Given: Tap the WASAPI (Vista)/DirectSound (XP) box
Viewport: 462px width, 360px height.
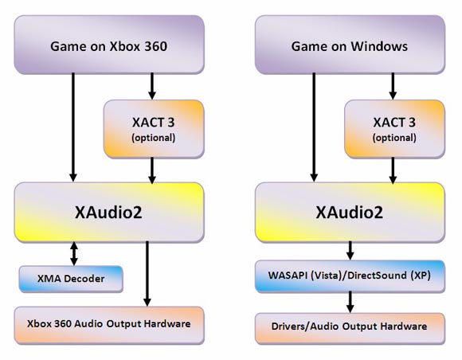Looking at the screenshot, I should [346, 277].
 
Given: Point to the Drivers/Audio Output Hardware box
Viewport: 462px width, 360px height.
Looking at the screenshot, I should [346, 326].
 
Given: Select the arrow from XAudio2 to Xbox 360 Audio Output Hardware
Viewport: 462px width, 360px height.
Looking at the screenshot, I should [147, 275].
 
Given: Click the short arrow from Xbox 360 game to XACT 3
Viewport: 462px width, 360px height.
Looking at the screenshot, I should [151, 85].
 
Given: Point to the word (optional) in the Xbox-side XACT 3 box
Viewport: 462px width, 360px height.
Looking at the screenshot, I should [151, 137].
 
